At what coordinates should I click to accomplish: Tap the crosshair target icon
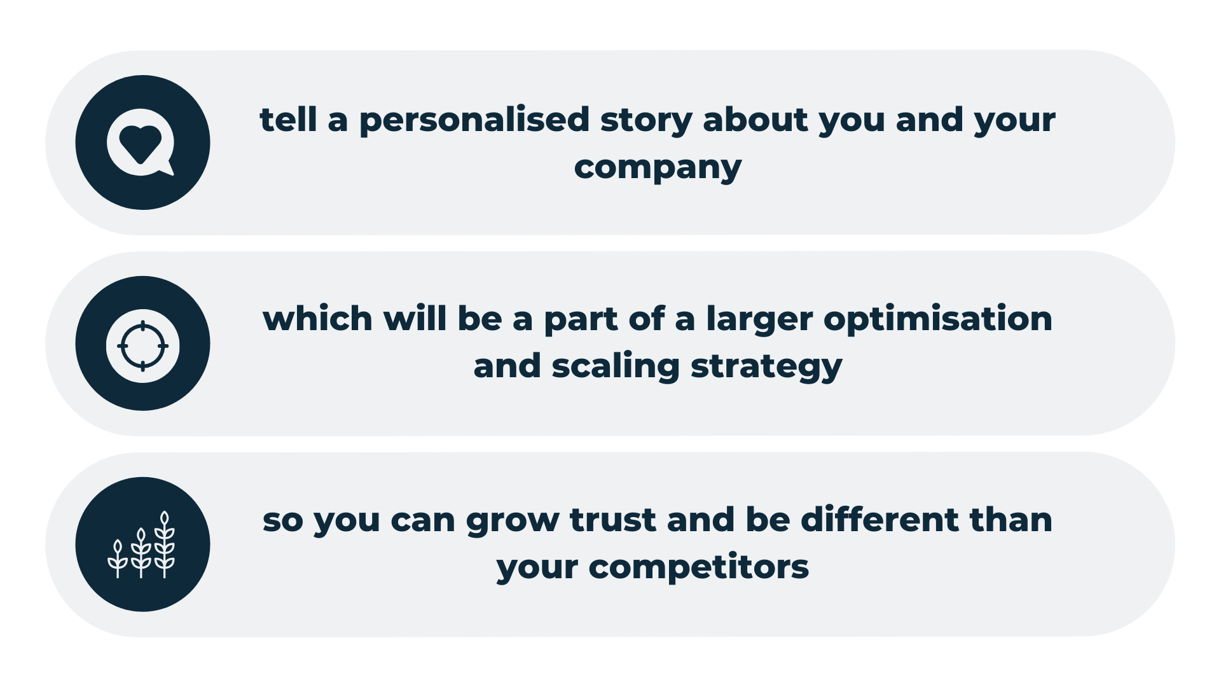pos(142,346)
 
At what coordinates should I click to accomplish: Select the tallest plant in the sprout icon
pos(165,545)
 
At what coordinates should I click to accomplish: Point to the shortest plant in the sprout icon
pos(118,559)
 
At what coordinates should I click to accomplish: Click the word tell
pos(288,119)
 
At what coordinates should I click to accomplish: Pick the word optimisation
pos(938,319)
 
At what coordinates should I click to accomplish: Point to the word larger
pos(759,320)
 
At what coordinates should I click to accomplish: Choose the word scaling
pos(616,367)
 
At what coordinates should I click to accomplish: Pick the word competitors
pos(698,567)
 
